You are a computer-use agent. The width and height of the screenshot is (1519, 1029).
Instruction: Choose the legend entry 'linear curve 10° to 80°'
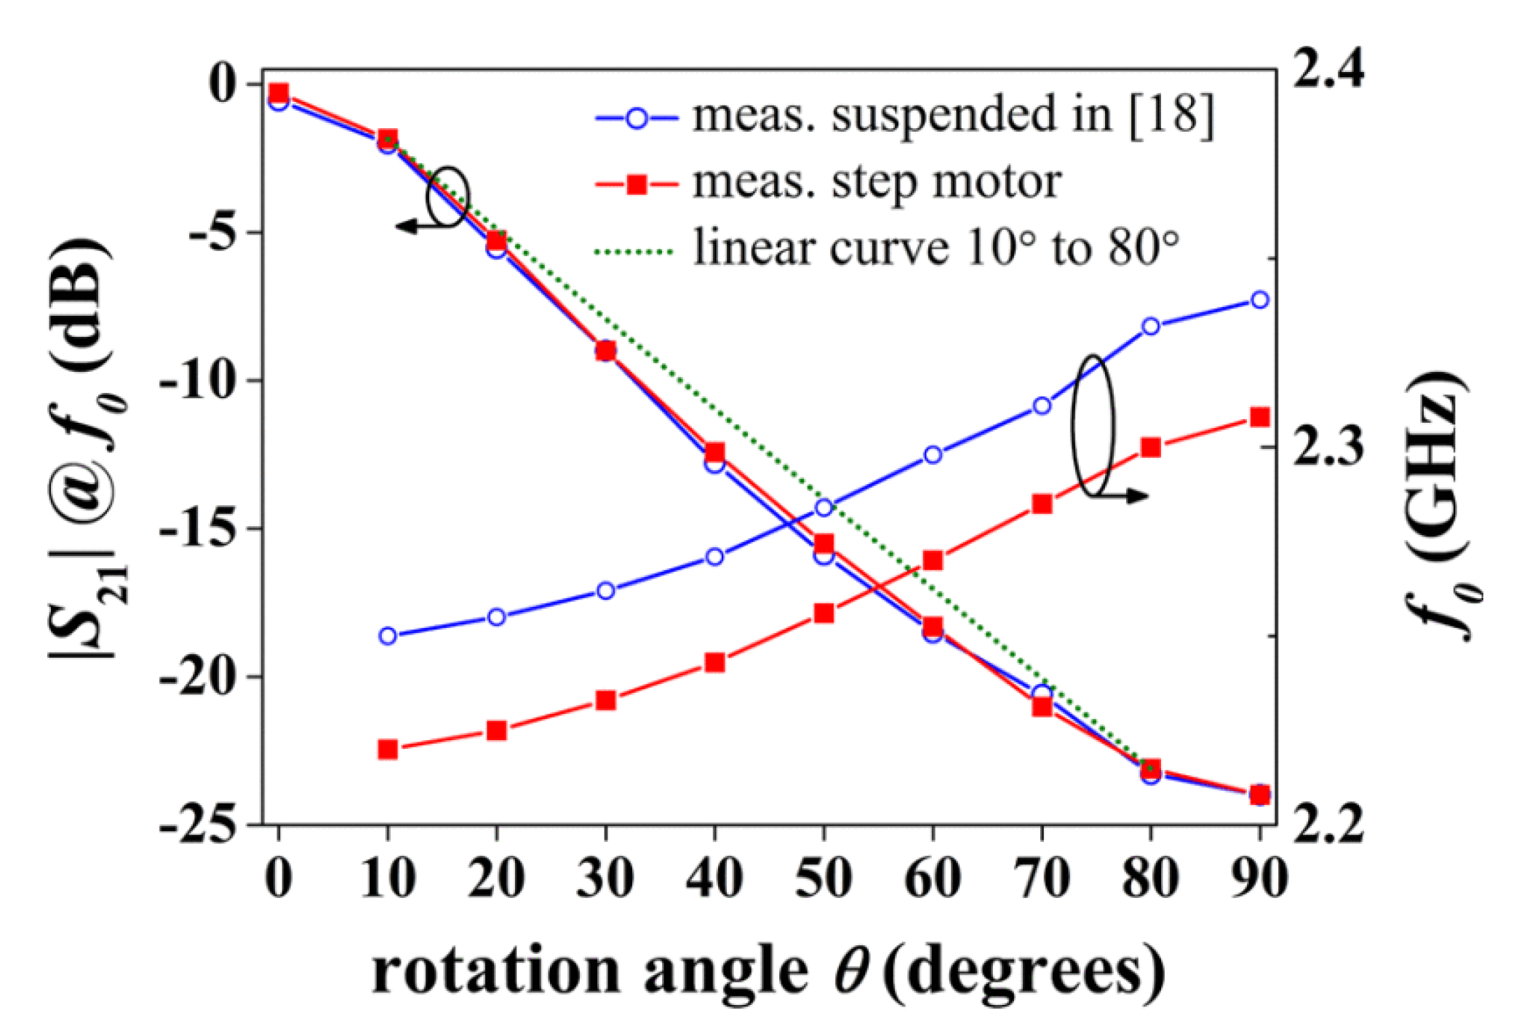click(x=936, y=248)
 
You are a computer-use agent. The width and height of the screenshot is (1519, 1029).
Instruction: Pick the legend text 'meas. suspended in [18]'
click(x=953, y=115)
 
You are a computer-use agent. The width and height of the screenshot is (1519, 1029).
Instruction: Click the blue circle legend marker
click(x=637, y=118)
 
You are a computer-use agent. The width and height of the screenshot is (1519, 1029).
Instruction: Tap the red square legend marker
click(x=637, y=185)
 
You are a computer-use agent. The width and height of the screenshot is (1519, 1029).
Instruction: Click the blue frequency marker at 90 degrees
click(x=1260, y=300)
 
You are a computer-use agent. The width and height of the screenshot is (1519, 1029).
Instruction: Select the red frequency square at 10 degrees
click(x=388, y=749)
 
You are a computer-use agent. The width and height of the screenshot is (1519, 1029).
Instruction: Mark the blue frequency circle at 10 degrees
click(x=388, y=636)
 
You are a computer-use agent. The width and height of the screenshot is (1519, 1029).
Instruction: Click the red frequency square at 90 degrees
click(x=1260, y=417)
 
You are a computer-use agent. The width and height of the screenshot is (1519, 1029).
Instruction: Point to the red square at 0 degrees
click(x=279, y=92)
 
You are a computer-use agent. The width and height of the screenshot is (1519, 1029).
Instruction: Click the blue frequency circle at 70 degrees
click(x=1042, y=405)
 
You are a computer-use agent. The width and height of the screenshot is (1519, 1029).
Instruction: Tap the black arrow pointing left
click(x=407, y=226)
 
